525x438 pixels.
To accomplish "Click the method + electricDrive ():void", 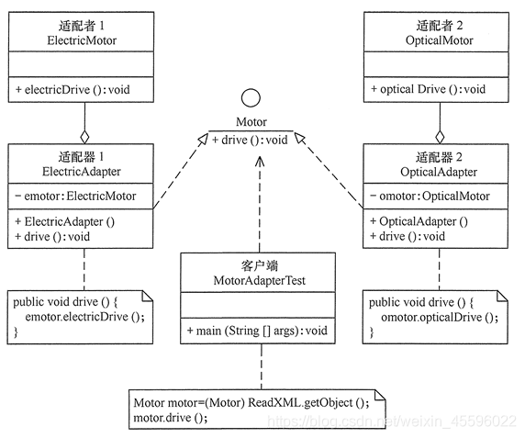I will pyautogui.click(x=73, y=89).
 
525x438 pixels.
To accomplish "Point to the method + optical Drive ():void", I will pyautogui.click(x=427, y=89).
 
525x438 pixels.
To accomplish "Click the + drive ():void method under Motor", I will pyautogui.click(x=251, y=140).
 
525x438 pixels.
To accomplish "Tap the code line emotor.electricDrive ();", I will pyautogui.click(x=84, y=317).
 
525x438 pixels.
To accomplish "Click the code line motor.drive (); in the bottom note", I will pyautogui.click(x=171, y=417).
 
